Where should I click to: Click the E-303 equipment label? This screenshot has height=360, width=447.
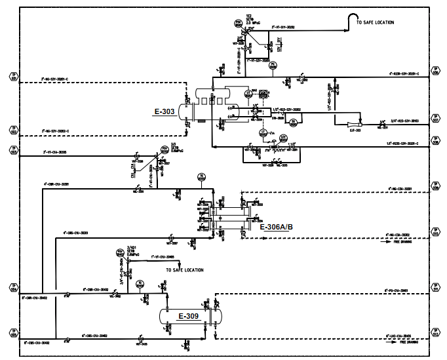165,111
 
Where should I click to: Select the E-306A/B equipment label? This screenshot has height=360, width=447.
277,227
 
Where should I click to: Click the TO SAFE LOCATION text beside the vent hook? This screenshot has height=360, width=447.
375,22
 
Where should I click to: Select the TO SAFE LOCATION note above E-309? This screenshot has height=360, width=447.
184,270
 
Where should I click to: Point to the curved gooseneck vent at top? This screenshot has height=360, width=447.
354,19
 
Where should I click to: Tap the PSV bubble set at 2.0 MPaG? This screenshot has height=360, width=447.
239,22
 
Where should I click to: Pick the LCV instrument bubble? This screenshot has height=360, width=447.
283,138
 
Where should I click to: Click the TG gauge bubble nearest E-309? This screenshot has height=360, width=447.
139,284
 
